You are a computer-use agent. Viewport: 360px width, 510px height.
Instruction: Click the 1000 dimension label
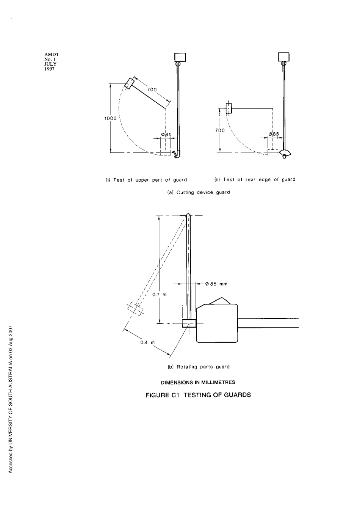[110, 118]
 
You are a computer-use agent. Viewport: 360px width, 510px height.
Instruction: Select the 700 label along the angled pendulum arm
[152, 90]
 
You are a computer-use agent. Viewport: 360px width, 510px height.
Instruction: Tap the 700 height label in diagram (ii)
[220, 130]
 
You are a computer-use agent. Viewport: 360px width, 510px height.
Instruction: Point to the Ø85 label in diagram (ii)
[274, 134]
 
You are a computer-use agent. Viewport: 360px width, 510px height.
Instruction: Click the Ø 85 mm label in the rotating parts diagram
[216, 284]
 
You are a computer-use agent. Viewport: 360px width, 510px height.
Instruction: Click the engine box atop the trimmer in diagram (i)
[180, 57]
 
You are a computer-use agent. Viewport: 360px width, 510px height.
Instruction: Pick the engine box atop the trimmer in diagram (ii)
[284, 57]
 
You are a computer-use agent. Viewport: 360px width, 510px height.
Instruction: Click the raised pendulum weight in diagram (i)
[130, 84]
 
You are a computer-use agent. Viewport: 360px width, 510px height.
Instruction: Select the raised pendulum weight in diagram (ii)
[229, 108]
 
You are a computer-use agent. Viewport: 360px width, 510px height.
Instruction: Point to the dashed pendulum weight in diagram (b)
[135, 309]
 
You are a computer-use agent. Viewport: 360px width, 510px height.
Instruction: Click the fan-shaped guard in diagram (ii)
[286, 153]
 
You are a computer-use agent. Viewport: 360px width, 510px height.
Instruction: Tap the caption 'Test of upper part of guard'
[146, 180]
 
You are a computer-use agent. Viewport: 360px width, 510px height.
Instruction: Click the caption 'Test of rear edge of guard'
[255, 180]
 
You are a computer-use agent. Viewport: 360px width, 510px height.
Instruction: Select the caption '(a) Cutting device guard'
[199, 192]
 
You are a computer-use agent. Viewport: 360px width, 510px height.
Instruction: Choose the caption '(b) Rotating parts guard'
[199, 367]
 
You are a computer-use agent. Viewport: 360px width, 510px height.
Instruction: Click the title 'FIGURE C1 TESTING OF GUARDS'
[199, 395]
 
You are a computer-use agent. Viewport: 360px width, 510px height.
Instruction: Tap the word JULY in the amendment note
[50, 64]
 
